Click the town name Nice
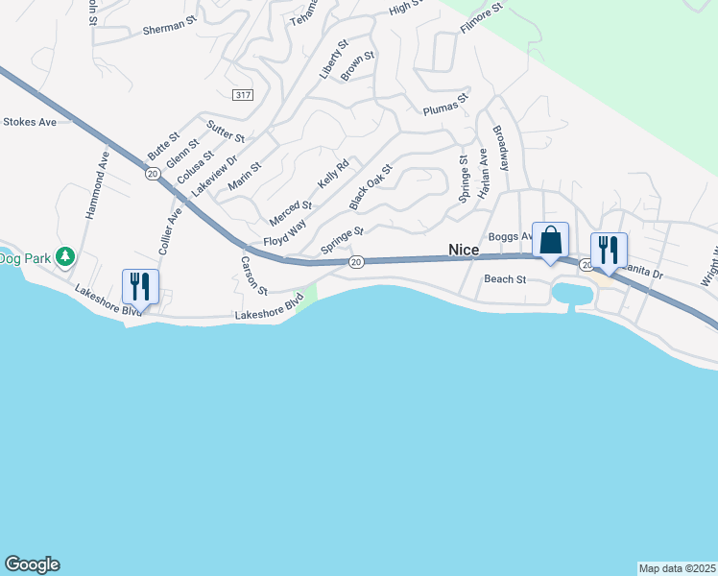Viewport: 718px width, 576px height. [x=464, y=250]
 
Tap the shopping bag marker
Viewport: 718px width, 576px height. [x=550, y=240]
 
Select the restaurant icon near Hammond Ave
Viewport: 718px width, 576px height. [x=140, y=286]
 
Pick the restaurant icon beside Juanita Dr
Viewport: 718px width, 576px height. [x=609, y=251]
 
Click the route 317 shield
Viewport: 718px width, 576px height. [x=242, y=93]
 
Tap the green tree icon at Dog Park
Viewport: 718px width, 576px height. [x=65, y=256]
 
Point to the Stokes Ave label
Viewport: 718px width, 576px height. [x=30, y=122]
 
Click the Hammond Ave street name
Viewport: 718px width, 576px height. [x=97, y=185]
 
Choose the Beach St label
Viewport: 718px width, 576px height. [x=506, y=279]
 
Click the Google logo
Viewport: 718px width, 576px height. [x=32, y=564]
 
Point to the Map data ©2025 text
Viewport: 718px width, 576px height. [x=677, y=568]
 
